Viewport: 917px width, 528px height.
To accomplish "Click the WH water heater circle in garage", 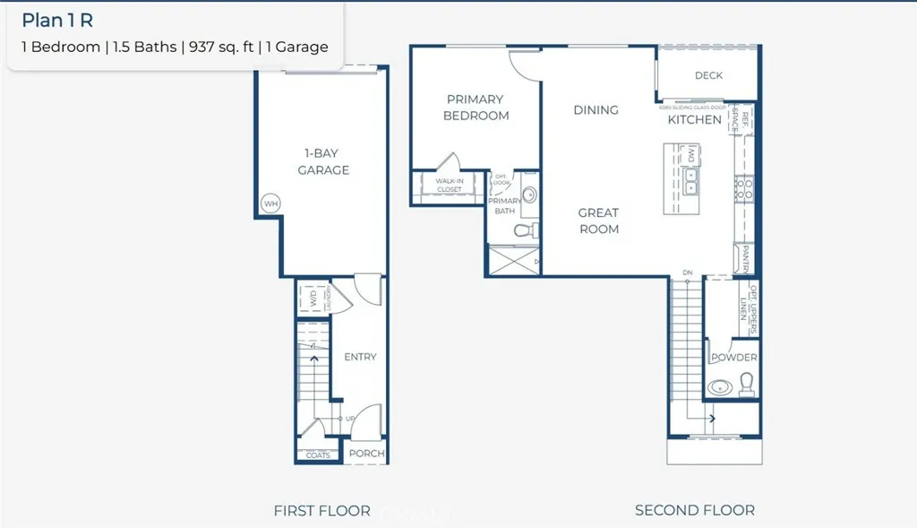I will (271, 203).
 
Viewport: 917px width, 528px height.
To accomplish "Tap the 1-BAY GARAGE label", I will (323, 161).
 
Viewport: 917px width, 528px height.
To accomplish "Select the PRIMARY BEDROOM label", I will (476, 108).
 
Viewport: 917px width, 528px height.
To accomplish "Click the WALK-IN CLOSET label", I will (449, 186).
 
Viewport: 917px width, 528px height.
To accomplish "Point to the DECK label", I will (708, 75).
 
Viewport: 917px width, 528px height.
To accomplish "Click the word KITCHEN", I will (695, 119).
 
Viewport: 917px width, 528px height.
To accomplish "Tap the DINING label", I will (596, 109).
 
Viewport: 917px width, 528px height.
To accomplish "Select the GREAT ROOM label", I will (598, 221).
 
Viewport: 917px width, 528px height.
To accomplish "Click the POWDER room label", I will (734, 358).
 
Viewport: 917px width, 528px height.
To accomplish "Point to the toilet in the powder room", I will (746, 385).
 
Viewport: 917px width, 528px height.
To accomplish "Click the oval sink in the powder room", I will (719, 388).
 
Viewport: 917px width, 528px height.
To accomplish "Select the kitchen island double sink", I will (691, 180).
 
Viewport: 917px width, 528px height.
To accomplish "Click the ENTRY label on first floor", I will (360, 357).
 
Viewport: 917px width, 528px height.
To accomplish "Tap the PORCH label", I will (366, 454).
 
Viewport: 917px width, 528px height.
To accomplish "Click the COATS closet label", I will (318, 455).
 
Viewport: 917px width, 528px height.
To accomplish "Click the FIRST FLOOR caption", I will (322, 511).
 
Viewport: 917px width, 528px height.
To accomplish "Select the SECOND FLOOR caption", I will (694, 510).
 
